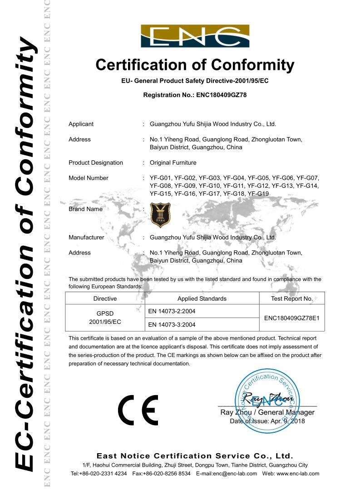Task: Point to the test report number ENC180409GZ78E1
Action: (292, 318)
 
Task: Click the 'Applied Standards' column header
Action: (202, 298)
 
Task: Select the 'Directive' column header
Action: (105, 298)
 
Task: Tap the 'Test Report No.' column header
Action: (292, 298)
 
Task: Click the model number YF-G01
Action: (160, 178)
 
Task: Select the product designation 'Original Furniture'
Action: (173, 162)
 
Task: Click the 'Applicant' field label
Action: (81, 124)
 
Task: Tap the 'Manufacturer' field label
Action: (86, 237)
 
